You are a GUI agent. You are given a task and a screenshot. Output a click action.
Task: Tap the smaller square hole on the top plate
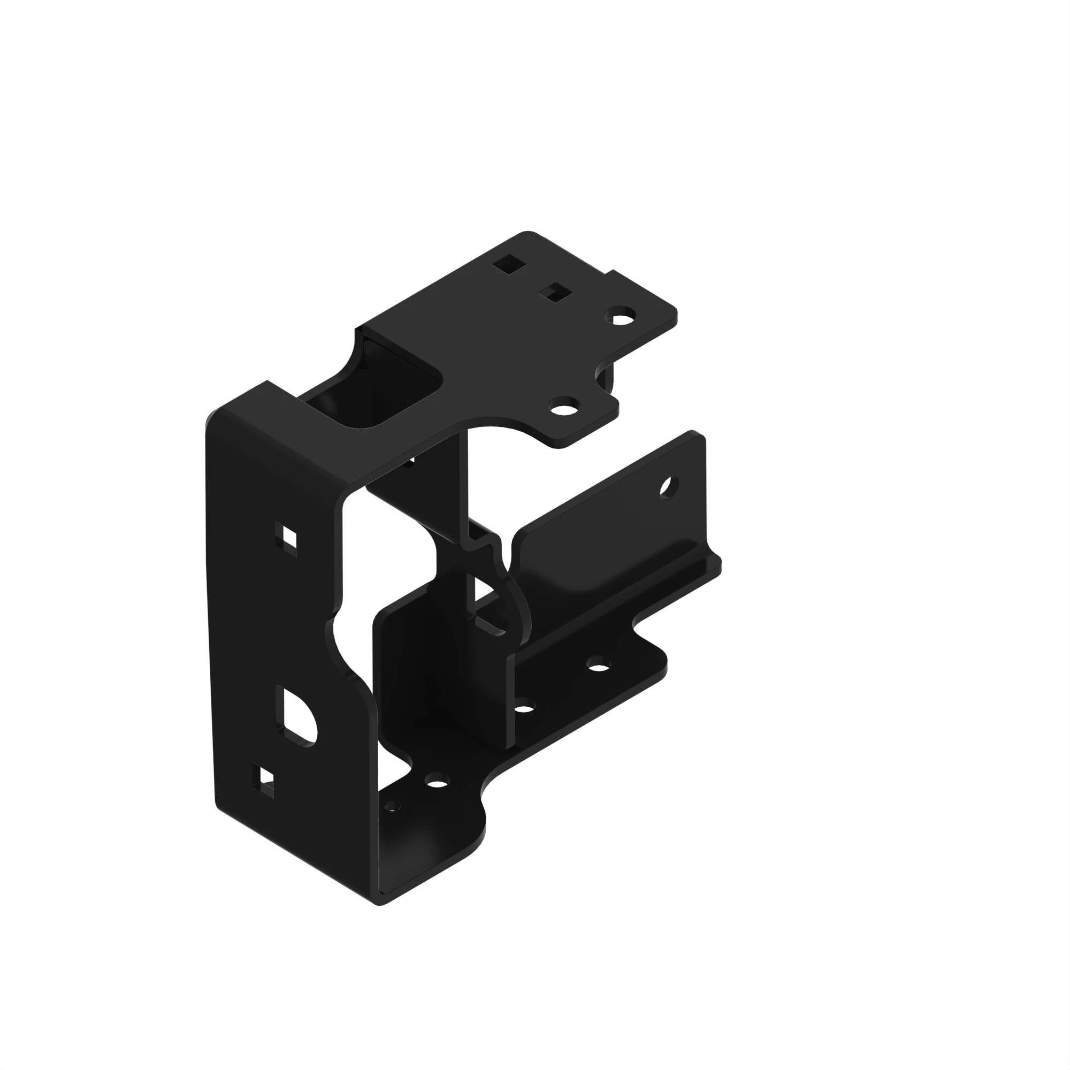coord(556,293)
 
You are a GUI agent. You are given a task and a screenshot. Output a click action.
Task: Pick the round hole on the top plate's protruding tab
coord(563,409)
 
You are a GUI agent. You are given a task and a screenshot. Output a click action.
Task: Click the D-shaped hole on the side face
coord(298,717)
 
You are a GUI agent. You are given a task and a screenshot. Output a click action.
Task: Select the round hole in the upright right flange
coord(668,487)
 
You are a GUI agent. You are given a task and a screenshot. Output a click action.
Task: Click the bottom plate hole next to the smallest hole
coord(437,783)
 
